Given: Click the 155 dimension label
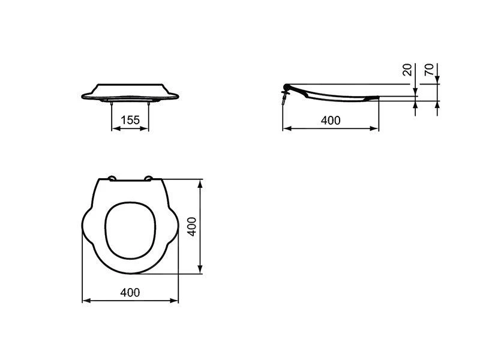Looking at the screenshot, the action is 130,120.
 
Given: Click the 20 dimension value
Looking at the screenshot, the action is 407,70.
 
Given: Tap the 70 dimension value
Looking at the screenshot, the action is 429,70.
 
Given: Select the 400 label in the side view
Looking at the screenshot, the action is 331,121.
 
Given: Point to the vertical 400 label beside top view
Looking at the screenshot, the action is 192,227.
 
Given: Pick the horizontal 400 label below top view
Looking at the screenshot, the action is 130,293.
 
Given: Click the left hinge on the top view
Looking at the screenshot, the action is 112,178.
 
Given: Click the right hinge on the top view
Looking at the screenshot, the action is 148,178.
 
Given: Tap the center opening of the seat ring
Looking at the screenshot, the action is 130,230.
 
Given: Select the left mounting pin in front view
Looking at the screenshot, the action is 112,104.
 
